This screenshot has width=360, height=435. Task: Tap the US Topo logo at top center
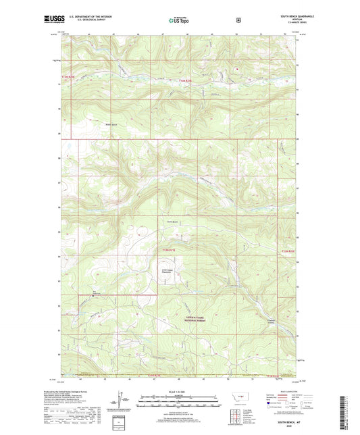click(180, 21)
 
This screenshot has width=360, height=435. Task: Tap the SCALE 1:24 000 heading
click(180, 392)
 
